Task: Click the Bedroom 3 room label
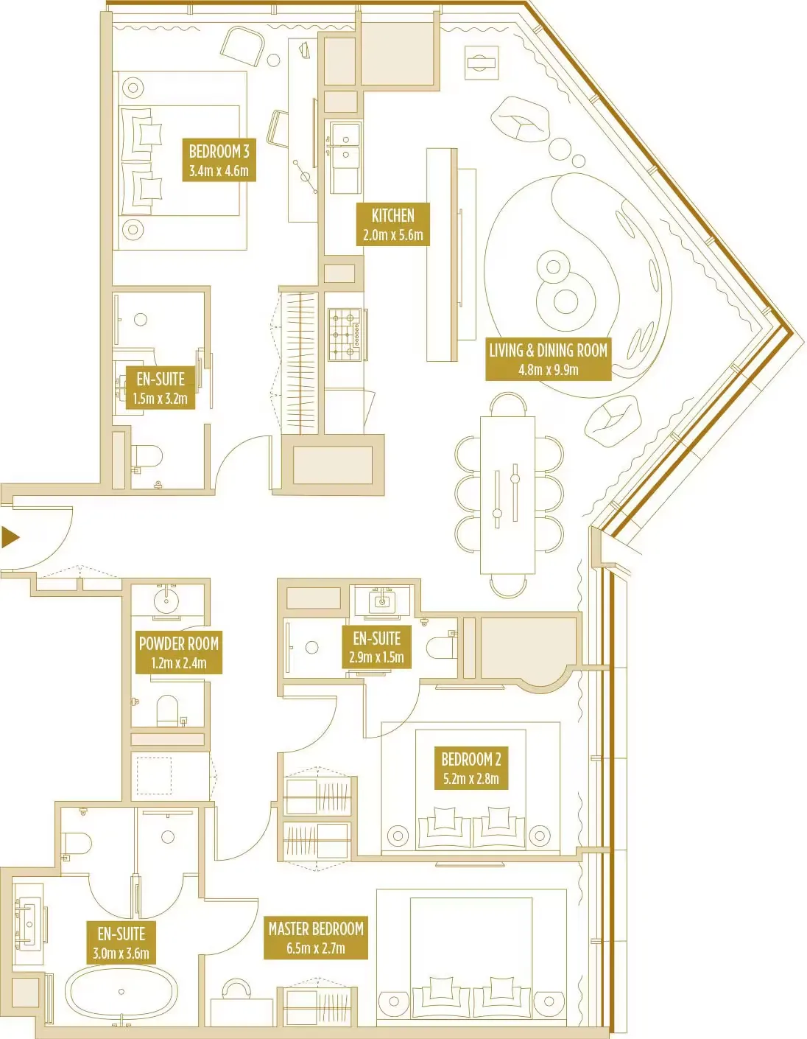(219, 152)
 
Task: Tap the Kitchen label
(392, 216)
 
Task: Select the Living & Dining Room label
(548, 351)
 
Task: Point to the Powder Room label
(178, 643)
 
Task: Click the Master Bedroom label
(316, 929)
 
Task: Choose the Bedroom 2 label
(471, 759)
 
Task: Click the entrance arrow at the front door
(10, 537)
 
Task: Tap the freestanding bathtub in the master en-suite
(121, 992)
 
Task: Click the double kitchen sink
(345, 145)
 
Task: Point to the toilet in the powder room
(168, 710)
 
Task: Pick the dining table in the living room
(507, 494)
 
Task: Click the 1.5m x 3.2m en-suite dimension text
(160, 399)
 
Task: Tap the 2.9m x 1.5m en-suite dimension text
(376, 657)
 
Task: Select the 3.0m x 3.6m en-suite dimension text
(121, 954)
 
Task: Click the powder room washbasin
(166, 600)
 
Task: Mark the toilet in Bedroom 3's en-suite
(147, 457)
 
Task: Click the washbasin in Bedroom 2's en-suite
(381, 601)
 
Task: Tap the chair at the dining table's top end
(508, 404)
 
